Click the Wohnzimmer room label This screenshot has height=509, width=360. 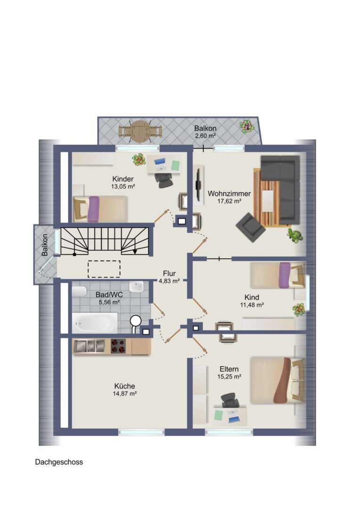pos(229,194)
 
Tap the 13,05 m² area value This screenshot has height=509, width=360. pos(123,187)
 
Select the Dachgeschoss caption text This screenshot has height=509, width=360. pos(59,462)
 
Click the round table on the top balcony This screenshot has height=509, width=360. pos(140,131)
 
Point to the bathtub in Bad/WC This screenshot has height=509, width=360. pos(95,323)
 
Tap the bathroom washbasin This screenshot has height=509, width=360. pos(136,287)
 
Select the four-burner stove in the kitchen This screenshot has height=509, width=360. pos(118,346)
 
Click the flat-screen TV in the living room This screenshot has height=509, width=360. pos(198,185)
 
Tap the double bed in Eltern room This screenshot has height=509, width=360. pos(278,380)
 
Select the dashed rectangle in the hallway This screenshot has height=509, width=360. pos(104,269)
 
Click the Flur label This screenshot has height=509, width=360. pos(169,273)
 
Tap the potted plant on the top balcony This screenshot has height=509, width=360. pos(247,126)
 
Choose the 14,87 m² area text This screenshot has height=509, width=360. pos(125,394)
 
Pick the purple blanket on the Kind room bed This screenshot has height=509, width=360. pos(285,275)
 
